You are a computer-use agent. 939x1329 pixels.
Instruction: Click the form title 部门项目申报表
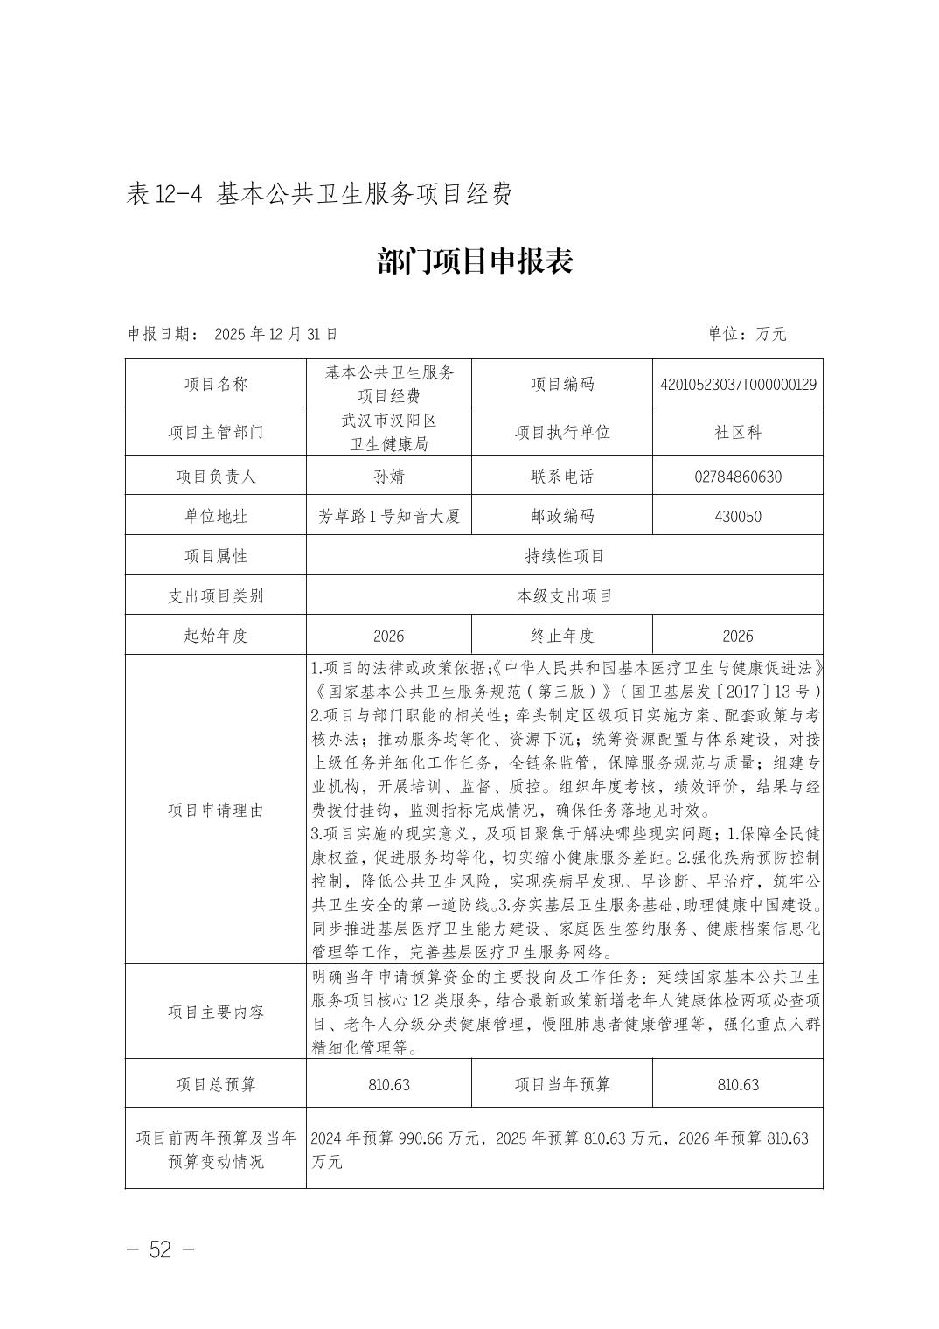point(475,261)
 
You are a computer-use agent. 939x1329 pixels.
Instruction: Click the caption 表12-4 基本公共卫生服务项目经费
point(318,194)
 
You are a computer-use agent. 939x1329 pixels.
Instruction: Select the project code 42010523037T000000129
point(738,384)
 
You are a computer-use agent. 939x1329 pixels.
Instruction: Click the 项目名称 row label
point(216,384)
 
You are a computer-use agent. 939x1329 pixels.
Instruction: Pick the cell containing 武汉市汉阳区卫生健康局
point(389,432)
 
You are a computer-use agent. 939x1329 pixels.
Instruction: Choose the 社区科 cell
point(738,432)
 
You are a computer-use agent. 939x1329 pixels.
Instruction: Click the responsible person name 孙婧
point(389,477)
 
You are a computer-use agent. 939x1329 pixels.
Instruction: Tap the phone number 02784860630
point(738,477)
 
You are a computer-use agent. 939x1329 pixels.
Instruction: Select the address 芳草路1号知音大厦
point(389,516)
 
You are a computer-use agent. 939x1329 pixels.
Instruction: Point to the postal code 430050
point(738,516)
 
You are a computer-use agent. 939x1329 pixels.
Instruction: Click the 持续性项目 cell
point(565,556)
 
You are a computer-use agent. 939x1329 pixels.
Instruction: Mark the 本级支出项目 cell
point(565,596)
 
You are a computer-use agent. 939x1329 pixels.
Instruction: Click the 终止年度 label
point(562,636)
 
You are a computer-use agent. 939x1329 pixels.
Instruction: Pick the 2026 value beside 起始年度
point(389,636)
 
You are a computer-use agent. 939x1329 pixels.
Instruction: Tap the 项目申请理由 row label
point(216,810)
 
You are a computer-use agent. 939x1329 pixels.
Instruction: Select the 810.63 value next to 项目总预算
point(389,1084)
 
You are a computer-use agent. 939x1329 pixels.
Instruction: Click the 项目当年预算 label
point(562,1084)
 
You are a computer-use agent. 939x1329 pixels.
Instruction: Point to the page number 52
point(160,1249)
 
